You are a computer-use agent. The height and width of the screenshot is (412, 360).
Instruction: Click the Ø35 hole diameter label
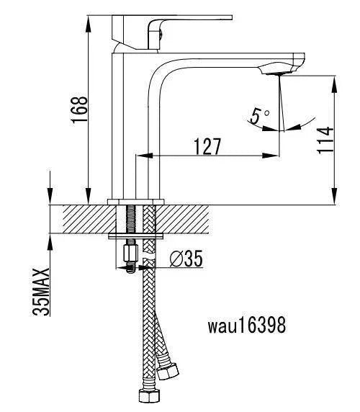click(x=186, y=258)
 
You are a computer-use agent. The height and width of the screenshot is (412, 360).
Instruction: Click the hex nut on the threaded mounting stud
click(x=131, y=254)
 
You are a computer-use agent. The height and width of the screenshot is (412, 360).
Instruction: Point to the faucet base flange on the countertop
click(x=136, y=201)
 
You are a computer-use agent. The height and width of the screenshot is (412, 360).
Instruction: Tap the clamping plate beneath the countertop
click(x=136, y=235)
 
